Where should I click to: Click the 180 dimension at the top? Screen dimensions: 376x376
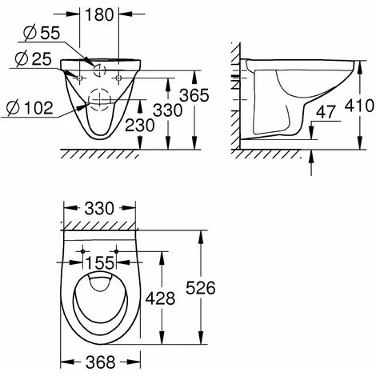click(x=99, y=15)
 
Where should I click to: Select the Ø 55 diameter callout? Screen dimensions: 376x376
click(x=42, y=34)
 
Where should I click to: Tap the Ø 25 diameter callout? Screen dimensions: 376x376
click(x=33, y=59)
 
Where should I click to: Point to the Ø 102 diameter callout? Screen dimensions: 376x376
click(x=30, y=108)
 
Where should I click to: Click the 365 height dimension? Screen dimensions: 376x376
click(x=194, y=95)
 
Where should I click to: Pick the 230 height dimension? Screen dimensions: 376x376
click(x=139, y=126)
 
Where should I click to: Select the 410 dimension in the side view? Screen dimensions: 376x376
click(x=359, y=106)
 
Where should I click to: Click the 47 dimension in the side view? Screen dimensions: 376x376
click(x=326, y=112)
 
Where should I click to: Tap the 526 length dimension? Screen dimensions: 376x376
click(x=200, y=288)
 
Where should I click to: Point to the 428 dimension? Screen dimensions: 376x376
click(x=160, y=298)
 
